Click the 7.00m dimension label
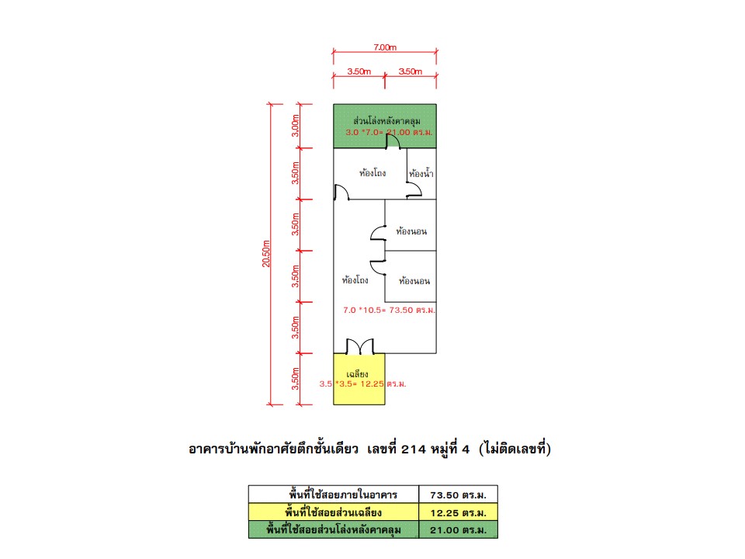coord(385,47)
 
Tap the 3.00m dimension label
coord(296,126)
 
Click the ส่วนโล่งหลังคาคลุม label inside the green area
coord(386,121)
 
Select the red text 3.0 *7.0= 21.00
coord(378,132)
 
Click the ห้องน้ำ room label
coord(421,173)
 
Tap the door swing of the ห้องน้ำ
coord(414,189)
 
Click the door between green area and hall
coord(393,141)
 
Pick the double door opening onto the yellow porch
coord(359,346)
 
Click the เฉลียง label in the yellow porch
coord(357,374)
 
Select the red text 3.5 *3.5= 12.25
coord(352,384)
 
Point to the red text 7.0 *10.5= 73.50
coord(378,310)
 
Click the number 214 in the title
coord(414,449)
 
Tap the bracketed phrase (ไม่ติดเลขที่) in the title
coord(515,448)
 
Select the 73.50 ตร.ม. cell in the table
coord(458,495)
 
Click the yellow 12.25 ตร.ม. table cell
coord(458,512)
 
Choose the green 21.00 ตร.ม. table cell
coord(458,530)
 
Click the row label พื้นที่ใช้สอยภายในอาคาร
coord(343,495)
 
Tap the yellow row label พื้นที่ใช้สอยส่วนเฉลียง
coord(334,512)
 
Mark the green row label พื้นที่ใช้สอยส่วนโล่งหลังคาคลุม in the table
coord(334,529)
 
